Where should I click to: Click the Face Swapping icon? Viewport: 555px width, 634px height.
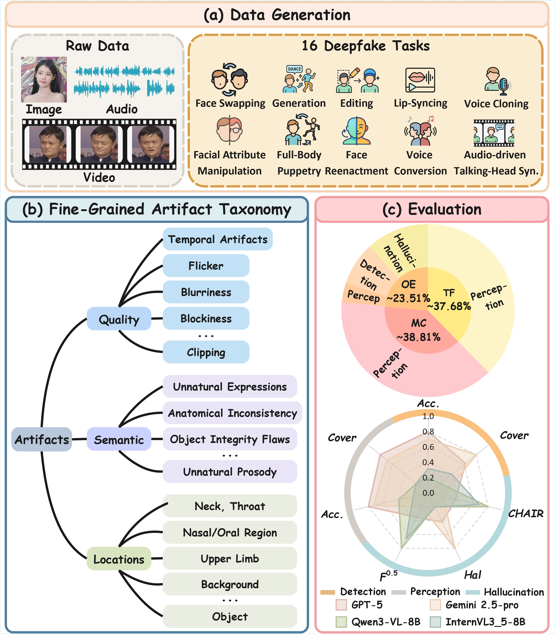[x=230, y=80]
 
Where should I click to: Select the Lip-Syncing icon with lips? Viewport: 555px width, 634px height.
[x=420, y=80]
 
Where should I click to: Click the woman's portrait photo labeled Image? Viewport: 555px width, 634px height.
[x=44, y=80]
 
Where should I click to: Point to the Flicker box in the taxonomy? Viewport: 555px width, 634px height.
[x=206, y=266]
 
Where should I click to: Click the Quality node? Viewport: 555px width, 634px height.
[x=119, y=319]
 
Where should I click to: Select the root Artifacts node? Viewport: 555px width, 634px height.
[x=42, y=439]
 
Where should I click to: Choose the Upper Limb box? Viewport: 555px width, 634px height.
[x=230, y=558]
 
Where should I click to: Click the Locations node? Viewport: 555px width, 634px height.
[x=119, y=559]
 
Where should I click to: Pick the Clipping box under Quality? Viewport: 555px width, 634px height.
[x=206, y=352]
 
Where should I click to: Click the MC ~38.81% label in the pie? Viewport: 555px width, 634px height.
[x=419, y=330]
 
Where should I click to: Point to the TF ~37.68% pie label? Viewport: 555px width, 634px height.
[x=449, y=300]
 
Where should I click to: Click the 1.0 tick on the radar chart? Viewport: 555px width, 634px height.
[x=428, y=416]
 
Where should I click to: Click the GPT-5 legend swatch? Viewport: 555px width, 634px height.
[x=341, y=605]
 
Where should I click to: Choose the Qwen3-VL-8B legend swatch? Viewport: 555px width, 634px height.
[x=341, y=622]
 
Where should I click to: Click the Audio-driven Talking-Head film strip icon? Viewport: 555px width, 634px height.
[x=494, y=133]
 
